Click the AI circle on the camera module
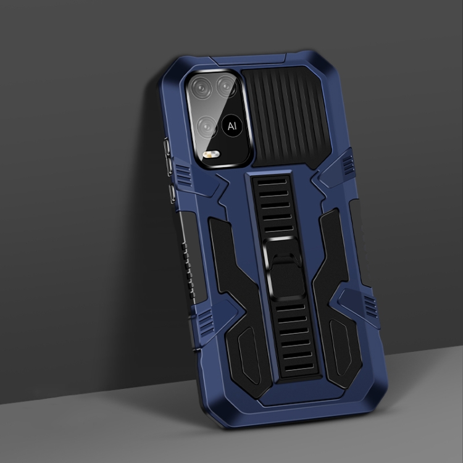click(232, 126)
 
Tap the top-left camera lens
click(201, 88)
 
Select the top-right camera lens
click(226, 86)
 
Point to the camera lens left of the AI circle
click(207, 127)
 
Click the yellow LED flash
click(211, 154)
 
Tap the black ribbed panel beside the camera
click(286, 117)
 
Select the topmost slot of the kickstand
click(272, 181)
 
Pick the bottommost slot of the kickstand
click(299, 367)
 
